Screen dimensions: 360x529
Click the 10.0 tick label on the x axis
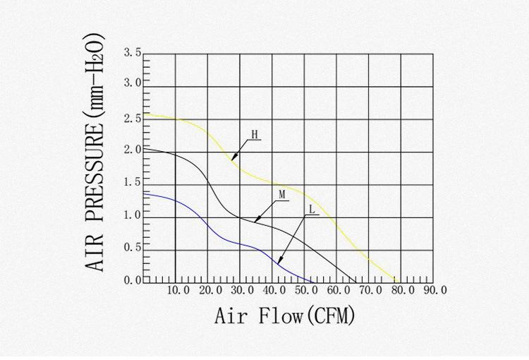(178, 290)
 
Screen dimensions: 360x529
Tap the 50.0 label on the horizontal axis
(306, 290)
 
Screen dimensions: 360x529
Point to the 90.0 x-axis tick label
(434, 290)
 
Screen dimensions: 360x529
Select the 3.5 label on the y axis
(133, 52)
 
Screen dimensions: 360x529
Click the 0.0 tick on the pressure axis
(133, 281)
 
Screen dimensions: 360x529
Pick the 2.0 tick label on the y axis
(133, 150)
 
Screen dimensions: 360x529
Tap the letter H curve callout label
(254, 134)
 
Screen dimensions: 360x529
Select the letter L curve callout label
(312, 210)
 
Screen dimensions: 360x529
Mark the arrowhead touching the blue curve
(280, 263)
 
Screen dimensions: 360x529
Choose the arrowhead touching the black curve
(256, 220)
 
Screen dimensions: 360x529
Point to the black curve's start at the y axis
(144, 149)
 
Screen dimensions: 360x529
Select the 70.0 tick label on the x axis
(370, 290)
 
